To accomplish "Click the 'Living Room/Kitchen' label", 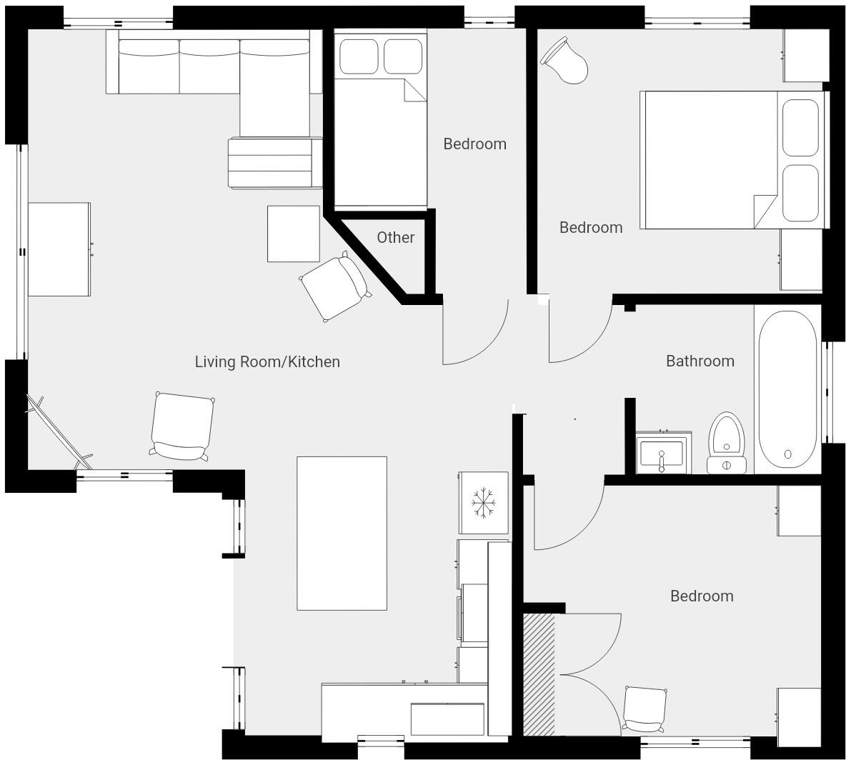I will (267, 362).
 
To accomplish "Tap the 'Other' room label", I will (395, 238).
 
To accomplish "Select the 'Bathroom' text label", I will (700, 361).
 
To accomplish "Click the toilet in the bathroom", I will (726, 443).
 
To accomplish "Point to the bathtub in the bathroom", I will (787, 389).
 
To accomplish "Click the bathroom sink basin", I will (662, 454).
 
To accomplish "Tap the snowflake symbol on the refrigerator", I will (484, 503).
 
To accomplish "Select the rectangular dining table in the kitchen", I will (342, 533).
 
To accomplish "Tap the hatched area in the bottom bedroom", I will (539, 674).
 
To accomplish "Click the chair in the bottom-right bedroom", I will (645, 709).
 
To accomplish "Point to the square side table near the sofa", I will (293, 234).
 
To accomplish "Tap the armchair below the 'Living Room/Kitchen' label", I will (182, 427).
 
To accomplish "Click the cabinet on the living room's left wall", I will (59, 249).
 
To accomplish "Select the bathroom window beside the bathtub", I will (828, 391).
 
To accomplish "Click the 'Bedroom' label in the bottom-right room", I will (701, 596).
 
